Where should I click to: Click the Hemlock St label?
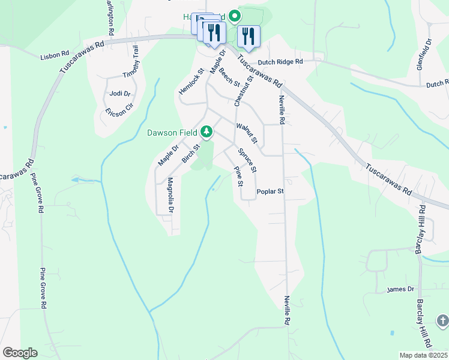(x=191, y=80)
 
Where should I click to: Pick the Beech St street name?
(x=229, y=76)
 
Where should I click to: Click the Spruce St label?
(x=247, y=158)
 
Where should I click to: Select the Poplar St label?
(x=270, y=192)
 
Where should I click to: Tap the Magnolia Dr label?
(x=170, y=195)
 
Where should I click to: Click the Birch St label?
(x=191, y=154)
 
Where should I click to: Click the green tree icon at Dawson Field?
(x=206, y=131)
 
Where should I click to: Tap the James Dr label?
(x=401, y=289)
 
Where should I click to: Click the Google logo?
(x=20, y=352)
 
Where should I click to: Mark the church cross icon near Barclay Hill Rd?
(x=442, y=320)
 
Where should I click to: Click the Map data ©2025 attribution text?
(x=423, y=355)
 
